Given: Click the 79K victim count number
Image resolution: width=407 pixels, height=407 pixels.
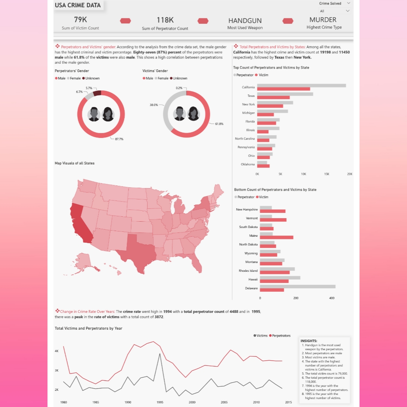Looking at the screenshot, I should (x=80, y=20).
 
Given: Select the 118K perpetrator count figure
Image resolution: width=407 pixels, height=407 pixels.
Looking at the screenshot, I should (x=165, y=20).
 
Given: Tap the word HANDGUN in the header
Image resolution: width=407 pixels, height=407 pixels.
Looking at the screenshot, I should (x=245, y=21).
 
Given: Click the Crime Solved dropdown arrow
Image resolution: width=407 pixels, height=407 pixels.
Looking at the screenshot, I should (x=348, y=3).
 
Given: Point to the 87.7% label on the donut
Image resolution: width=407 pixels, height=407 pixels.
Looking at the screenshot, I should (x=119, y=139).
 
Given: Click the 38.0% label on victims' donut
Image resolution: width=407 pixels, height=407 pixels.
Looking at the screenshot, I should (x=154, y=105).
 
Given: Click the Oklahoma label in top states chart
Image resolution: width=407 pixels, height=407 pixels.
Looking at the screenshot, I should (x=248, y=164).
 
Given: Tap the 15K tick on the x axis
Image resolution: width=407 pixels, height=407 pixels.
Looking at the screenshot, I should (x=326, y=174).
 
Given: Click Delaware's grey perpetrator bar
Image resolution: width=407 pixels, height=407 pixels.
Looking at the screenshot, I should (x=297, y=286).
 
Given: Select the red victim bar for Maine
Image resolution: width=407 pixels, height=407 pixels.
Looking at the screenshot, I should (x=276, y=237).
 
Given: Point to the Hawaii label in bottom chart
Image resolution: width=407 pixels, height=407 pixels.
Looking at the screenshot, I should (x=252, y=279).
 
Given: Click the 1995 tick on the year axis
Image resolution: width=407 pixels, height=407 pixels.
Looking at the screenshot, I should (x=160, y=402).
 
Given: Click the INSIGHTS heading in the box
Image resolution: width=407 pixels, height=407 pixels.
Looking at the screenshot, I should (x=309, y=341).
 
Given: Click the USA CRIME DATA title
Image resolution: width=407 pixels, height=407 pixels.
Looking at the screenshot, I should (x=78, y=5).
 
